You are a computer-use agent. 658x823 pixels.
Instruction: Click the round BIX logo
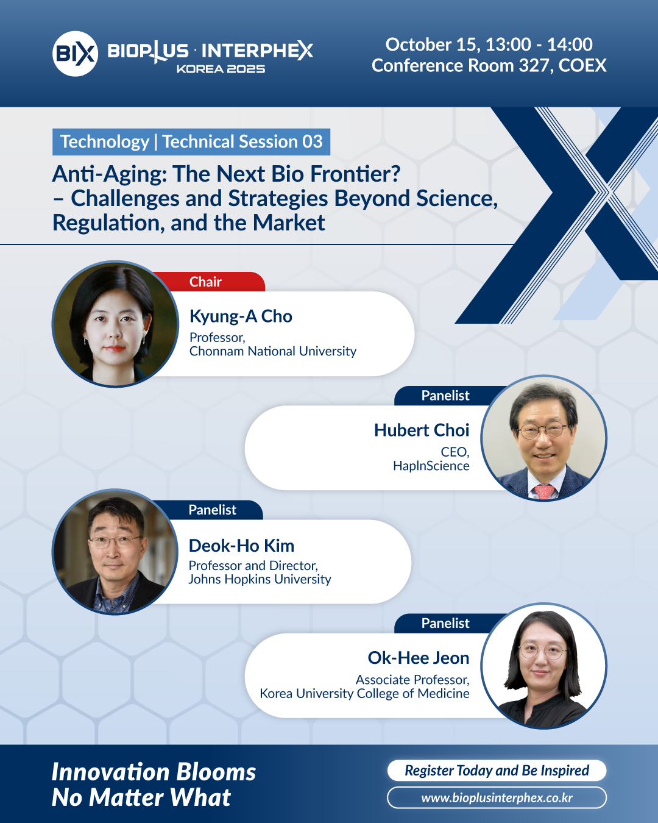click(75, 54)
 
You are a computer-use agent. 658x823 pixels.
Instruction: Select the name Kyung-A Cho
click(241, 316)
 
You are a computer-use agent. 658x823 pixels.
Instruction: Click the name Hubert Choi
click(422, 430)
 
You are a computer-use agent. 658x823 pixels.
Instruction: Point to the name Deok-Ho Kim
click(241, 546)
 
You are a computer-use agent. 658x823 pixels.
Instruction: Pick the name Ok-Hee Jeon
click(419, 658)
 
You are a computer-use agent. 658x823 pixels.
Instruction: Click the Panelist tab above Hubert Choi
click(445, 396)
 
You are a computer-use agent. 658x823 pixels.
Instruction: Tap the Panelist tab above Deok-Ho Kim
click(212, 510)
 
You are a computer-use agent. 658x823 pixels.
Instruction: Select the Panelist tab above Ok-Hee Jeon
click(445, 623)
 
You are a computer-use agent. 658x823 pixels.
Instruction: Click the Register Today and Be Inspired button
click(497, 770)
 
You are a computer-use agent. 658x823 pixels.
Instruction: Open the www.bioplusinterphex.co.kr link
click(497, 798)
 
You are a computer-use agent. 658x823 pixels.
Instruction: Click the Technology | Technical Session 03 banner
click(191, 142)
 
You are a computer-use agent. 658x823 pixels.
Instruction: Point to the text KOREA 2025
click(221, 69)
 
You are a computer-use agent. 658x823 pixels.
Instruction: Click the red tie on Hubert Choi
click(545, 491)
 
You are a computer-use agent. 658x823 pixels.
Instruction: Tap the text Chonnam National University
click(272, 351)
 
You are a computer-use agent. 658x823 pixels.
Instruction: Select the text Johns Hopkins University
click(260, 579)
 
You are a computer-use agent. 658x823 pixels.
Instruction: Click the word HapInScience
click(431, 466)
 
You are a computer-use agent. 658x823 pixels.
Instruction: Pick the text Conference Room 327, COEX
click(489, 65)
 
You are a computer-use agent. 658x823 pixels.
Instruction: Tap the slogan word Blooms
click(216, 772)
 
